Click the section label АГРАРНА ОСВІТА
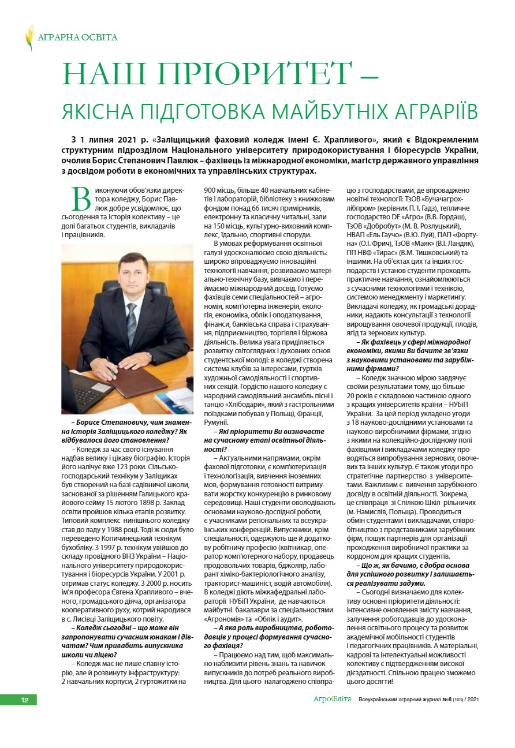[77, 38]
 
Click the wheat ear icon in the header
[29, 38]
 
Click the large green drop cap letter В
[81, 198]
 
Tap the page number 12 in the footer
[25, 700]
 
